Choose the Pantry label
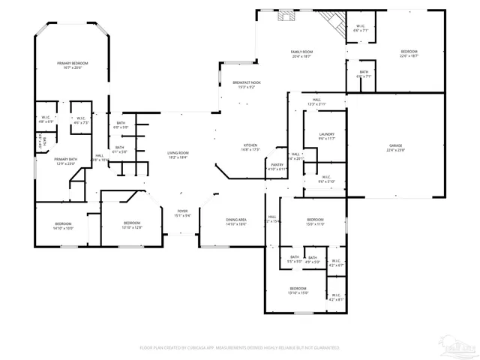(x=277, y=166)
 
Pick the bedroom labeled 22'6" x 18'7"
(x=409, y=53)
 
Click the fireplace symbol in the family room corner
(x=328, y=18)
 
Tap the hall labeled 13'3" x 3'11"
(x=316, y=101)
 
